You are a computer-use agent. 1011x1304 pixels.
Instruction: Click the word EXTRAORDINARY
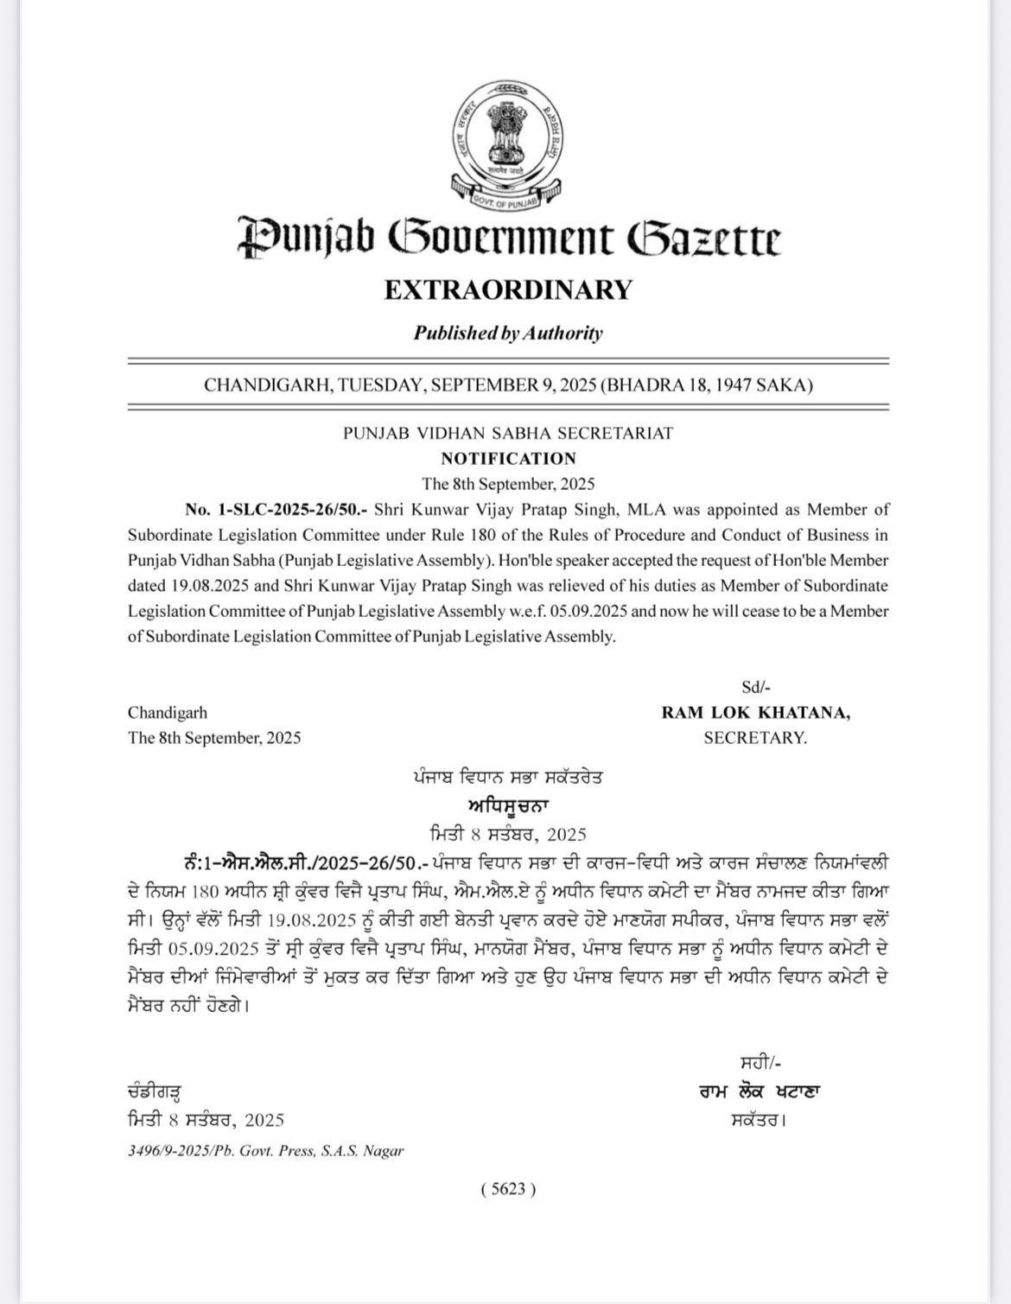click(x=508, y=289)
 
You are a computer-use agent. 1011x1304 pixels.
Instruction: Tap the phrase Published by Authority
click(x=508, y=333)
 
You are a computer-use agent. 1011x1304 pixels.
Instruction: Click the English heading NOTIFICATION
click(x=508, y=458)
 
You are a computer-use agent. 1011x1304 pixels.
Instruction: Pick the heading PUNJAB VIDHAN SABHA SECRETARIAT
click(x=508, y=433)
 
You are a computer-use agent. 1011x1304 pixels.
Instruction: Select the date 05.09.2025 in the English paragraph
click(x=588, y=611)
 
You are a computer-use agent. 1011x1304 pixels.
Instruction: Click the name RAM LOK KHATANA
click(x=755, y=713)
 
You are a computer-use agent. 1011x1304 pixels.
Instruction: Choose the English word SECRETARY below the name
click(x=755, y=738)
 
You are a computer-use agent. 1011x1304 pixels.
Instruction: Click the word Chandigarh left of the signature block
click(x=168, y=713)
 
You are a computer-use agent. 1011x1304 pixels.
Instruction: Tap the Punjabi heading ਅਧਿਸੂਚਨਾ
click(x=508, y=805)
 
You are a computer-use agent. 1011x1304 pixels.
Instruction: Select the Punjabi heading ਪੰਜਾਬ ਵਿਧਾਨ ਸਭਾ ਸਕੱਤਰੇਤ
click(x=508, y=777)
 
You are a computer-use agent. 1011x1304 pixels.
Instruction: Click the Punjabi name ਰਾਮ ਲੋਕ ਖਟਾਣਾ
click(x=760, y=1091)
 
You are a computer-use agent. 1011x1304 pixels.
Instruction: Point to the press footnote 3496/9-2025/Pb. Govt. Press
click(x=265, y=1151)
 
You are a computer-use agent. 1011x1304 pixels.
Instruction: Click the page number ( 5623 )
click(x=508, y=1189)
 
